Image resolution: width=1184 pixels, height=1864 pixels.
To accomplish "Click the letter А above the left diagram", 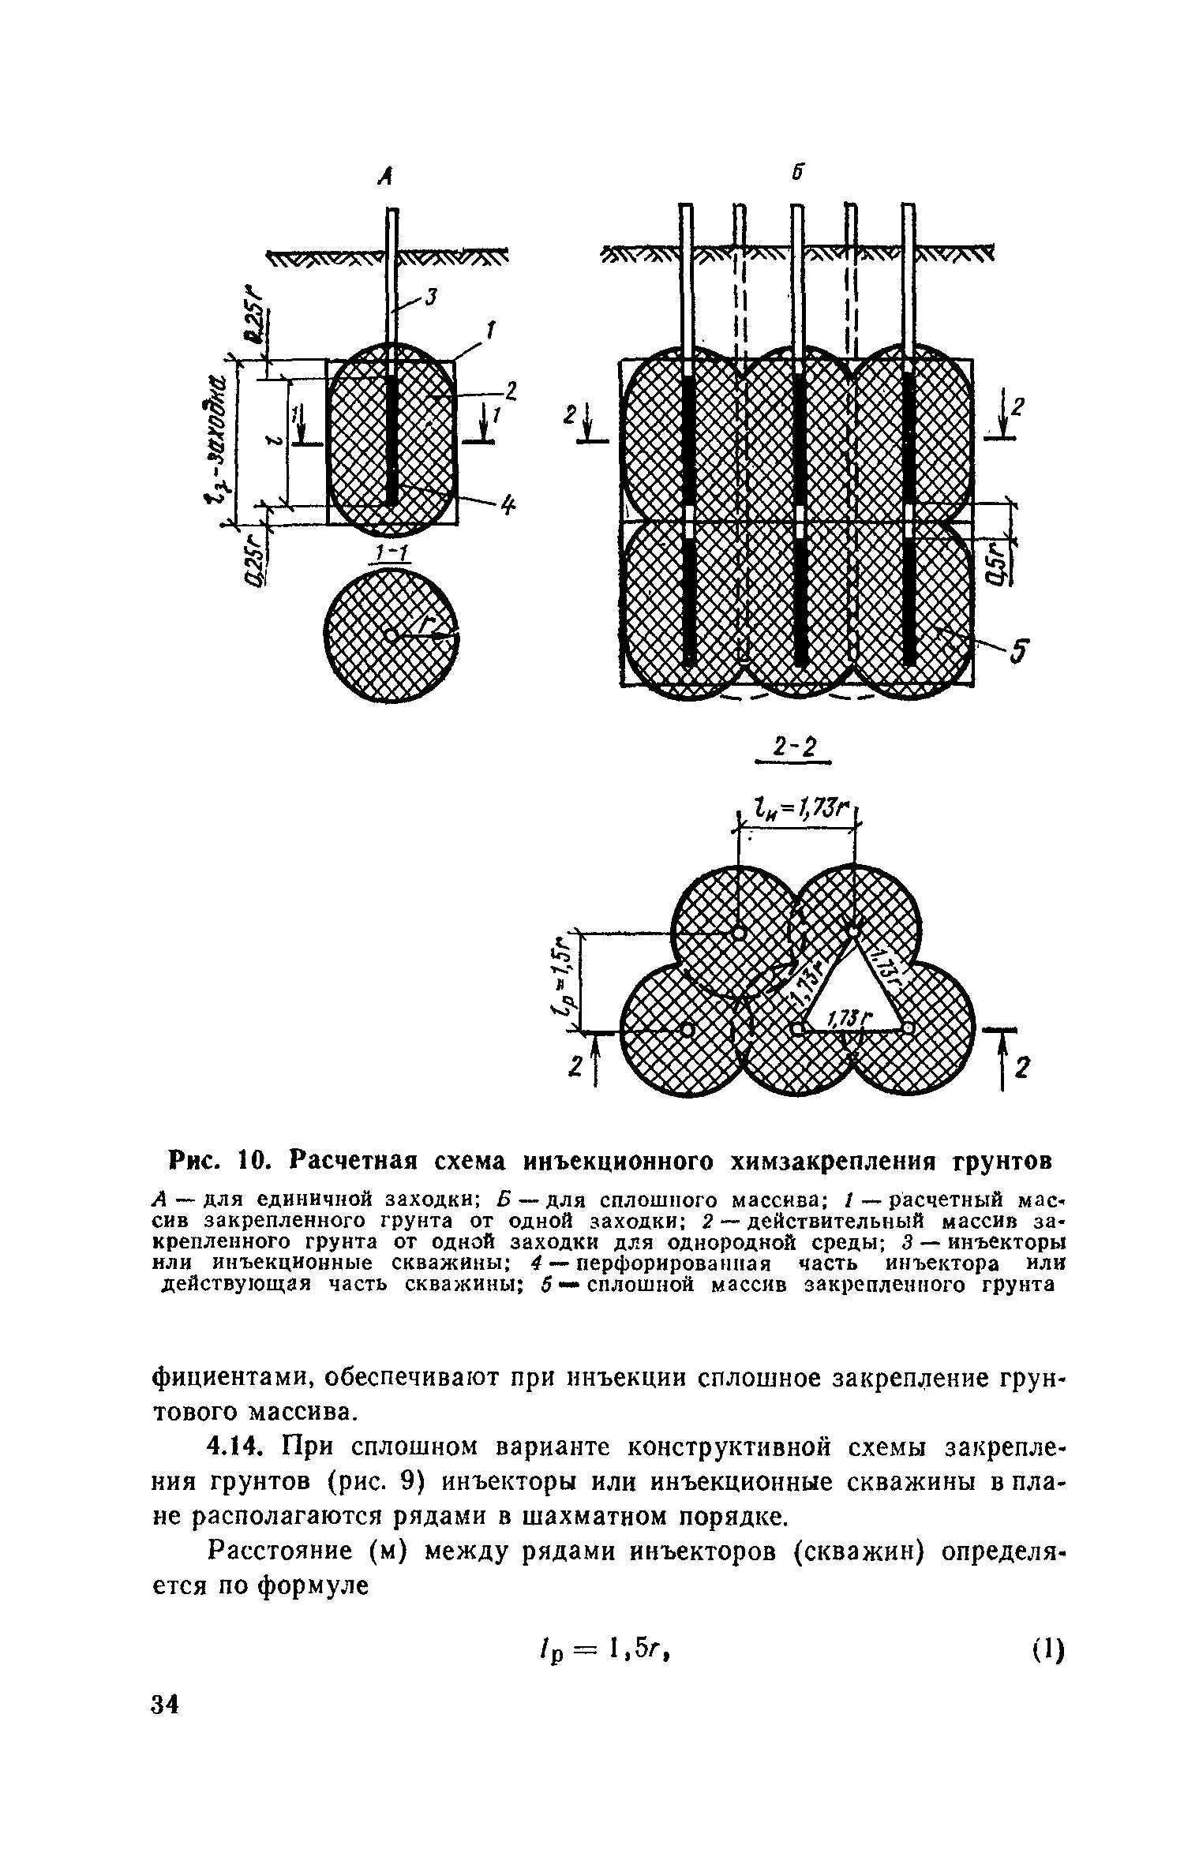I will point(385,177).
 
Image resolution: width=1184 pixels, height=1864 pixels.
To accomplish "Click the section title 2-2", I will point(793,746).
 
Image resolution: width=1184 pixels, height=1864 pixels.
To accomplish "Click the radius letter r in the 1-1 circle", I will point(428,623).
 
